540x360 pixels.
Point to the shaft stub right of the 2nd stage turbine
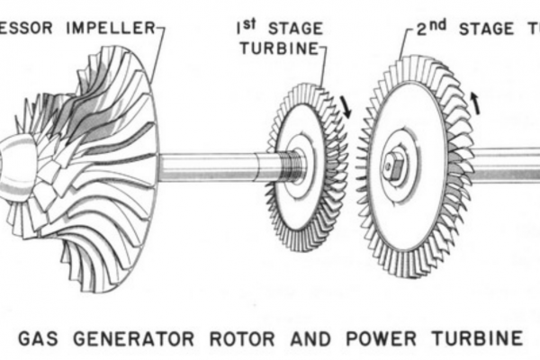tap(504, 164)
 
